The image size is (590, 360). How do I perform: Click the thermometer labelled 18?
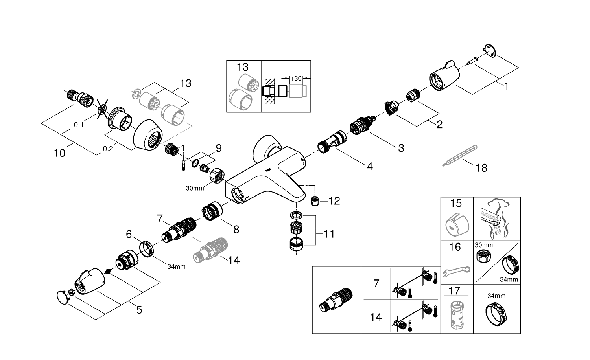click(460, 156)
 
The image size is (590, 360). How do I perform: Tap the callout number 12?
click(334, 201)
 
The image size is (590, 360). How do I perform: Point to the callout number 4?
click(369, 167)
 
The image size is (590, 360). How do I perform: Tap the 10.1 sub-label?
click(77, 125)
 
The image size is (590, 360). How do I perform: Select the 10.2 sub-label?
click(106, 148)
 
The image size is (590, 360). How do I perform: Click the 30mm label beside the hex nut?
click(195, 188)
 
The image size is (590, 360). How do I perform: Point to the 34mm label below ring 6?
click(176, 266)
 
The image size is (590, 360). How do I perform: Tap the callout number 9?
click(218, 149)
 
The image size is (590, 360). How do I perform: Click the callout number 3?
click(401, 148)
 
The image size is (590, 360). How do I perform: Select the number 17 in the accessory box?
click(454, 291)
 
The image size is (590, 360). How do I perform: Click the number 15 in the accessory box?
click(456, 203)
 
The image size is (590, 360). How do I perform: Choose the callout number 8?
click(236, 229)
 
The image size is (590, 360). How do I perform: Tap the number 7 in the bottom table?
click(376, 283)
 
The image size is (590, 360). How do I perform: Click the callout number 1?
click(506, 86)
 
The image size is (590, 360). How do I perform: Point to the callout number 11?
click(329, 234)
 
